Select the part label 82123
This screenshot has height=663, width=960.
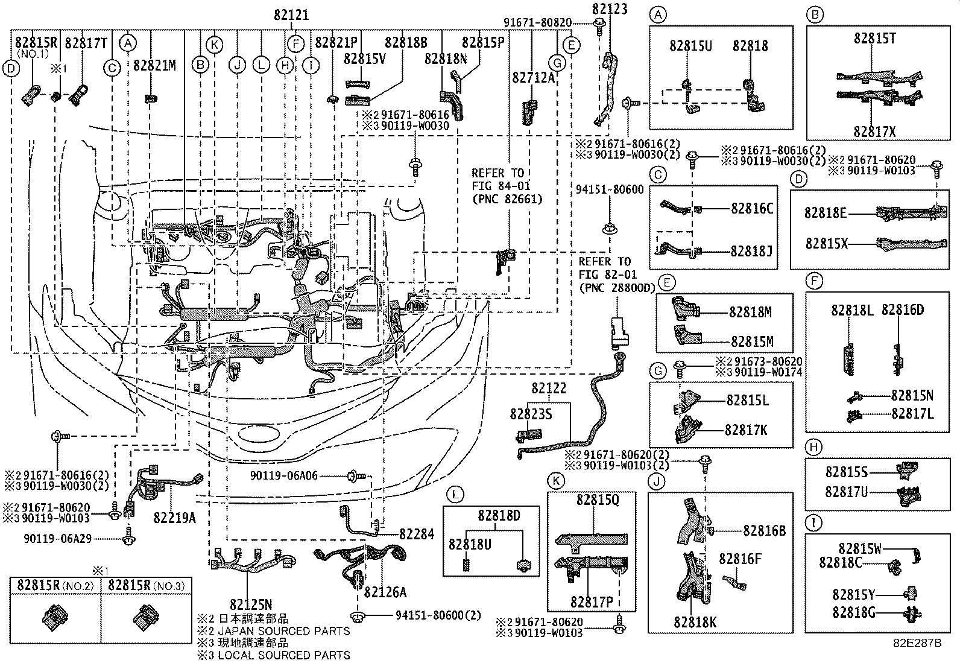click(x=609, y=8)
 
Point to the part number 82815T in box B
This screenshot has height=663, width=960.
click(x=874, y=39)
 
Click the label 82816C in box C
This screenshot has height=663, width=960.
click(x=751, y=209)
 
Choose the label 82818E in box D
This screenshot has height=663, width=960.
click(x=826, y=212)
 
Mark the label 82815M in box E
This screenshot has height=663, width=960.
click(x=751, y=342)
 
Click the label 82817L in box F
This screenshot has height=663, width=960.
click(x=912, y=414)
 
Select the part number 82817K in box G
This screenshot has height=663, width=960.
click(x=746, y=430)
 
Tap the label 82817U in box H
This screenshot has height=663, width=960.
click(x=846, y=492)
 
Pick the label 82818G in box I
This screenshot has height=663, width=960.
click(x=853, y=612)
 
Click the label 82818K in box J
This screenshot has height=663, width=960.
click(x=695, y=622)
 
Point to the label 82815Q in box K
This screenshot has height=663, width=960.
click(x=597, y=500)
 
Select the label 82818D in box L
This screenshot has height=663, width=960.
click(x=499, y=516)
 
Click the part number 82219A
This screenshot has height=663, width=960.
click(x=174, y=518)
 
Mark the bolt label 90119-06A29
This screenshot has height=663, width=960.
click(x=58, y=538)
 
